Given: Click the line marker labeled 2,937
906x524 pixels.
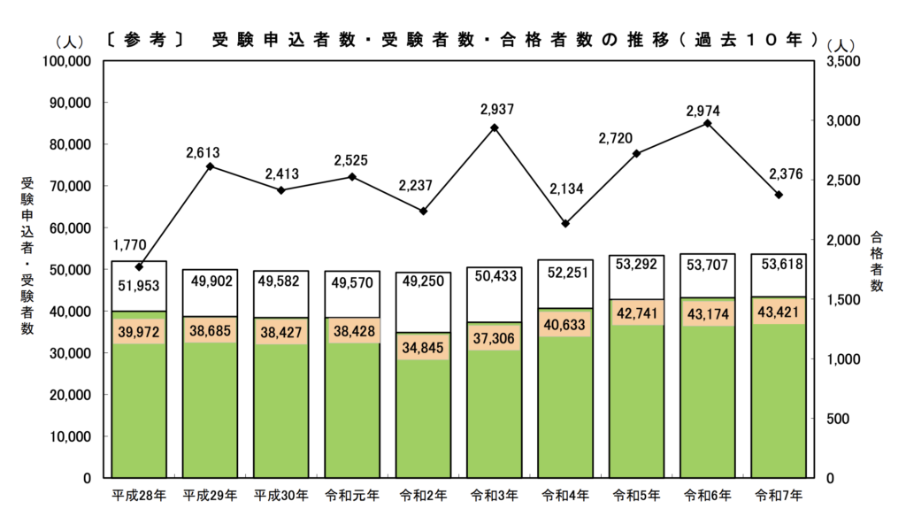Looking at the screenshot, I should [495, 127].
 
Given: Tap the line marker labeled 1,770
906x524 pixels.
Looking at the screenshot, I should [139, 266].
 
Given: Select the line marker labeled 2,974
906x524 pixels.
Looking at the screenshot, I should [707, 123].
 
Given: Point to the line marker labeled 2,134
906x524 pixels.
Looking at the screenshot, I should [565, 223].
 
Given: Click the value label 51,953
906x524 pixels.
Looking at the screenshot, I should [139, 284].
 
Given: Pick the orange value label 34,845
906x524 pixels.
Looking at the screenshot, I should [423, 346].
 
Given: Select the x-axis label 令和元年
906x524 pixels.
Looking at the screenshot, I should [352, 497].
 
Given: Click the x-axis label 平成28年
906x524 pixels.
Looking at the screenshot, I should [139, 497].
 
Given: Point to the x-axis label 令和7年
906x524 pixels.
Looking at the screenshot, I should [779, 497].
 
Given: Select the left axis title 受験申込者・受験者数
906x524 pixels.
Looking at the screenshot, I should [27, 256].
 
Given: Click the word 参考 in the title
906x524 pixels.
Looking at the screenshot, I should [144, 40].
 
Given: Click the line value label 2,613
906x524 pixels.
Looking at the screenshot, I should [209, 153].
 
